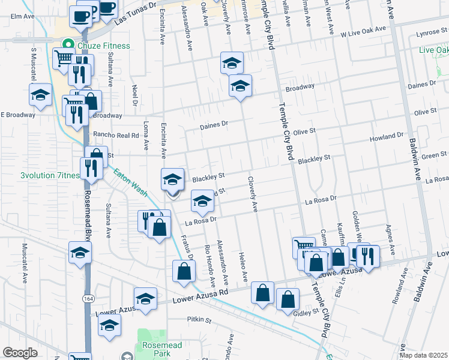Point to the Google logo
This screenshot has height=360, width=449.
[x=20, y=353]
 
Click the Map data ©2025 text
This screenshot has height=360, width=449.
[x=424, y=355]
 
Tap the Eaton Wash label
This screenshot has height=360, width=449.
[x=131, y=183]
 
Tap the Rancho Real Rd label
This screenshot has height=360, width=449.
[x=116, y=135]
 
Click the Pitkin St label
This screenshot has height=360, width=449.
[x=199, y=320]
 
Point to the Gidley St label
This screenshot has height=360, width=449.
[x=306, y=313]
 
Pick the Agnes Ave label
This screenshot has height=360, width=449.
[x=389, y=236]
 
